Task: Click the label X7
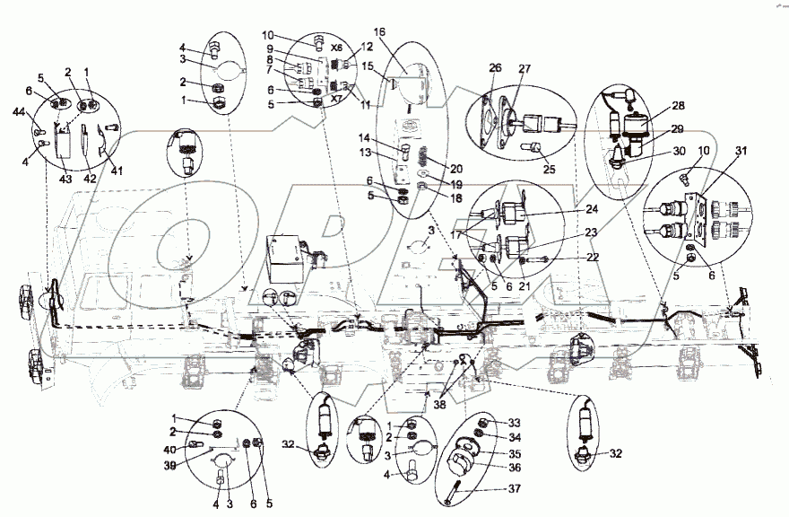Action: tap(336, 101)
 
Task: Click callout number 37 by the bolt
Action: tap(511, 489)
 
